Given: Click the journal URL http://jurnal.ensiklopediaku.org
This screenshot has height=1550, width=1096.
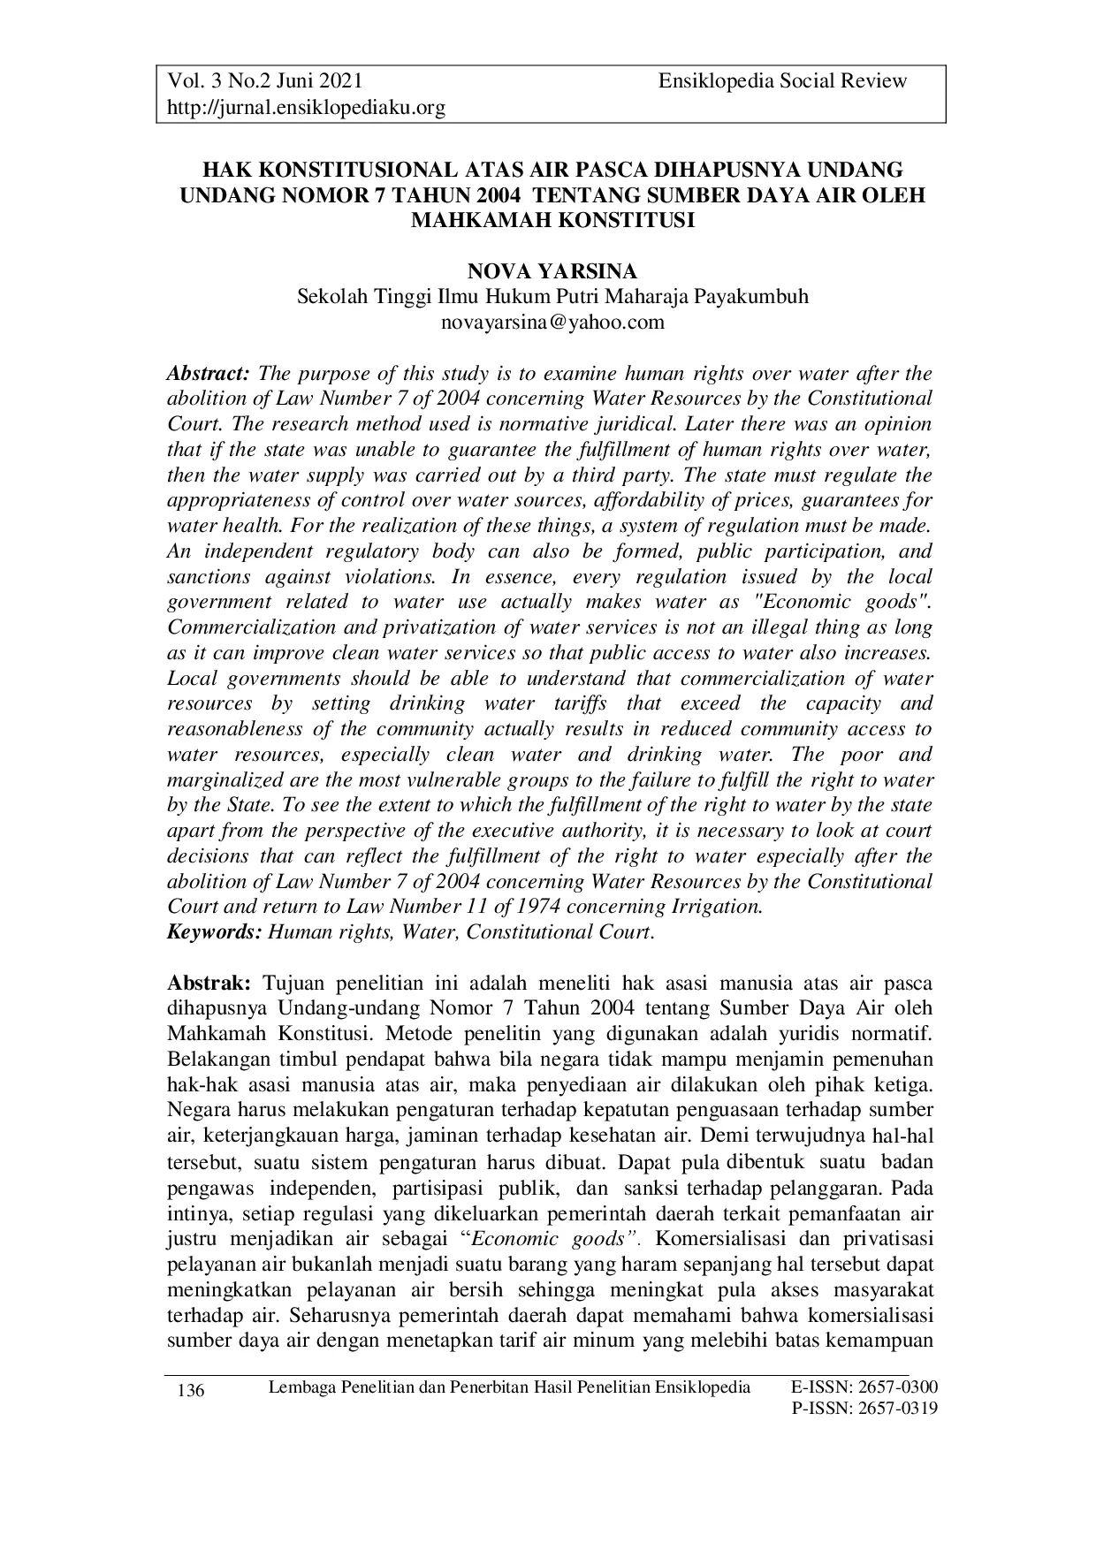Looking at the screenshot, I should [306, 108].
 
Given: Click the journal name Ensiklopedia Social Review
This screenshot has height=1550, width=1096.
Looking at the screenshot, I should [782, 81].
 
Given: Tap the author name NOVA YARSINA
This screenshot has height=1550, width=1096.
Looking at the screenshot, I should [552, 272].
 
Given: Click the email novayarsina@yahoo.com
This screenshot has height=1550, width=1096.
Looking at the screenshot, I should [552, 323].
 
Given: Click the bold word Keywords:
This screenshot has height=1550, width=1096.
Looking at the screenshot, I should [215, 932].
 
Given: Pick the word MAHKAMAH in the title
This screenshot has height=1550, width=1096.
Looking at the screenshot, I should [478, 220].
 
